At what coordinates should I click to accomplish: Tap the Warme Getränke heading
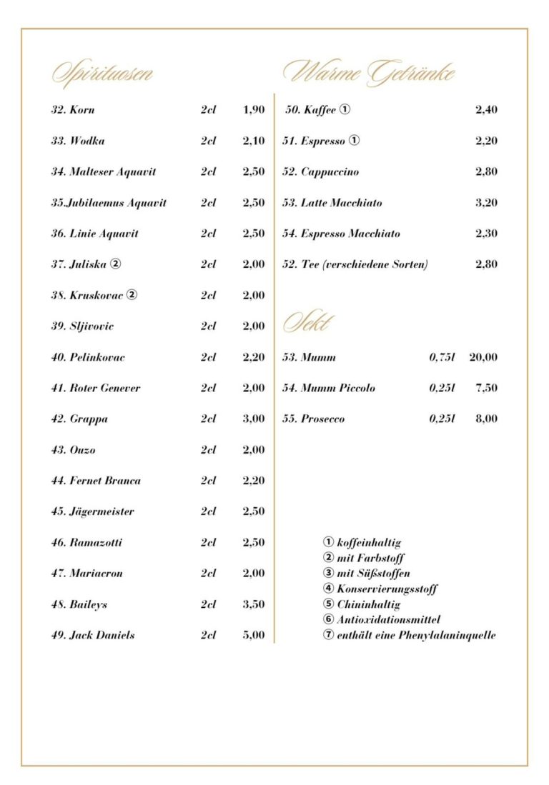coord(369,73)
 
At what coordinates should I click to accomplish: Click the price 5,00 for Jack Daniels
coord(253,635)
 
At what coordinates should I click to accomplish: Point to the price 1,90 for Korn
coord(253,110)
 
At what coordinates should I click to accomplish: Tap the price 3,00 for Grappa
coord(253,419)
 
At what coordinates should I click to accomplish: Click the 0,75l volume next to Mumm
coord(442,357)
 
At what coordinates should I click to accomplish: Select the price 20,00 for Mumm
coord(483,357)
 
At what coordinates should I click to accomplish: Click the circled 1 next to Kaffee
coord(345,110)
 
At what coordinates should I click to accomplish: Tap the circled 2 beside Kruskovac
coord(132,295)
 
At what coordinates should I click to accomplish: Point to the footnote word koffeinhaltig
coord(369,543)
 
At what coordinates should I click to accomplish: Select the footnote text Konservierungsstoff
coord(387,589)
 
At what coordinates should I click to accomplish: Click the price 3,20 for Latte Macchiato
coord(486,203)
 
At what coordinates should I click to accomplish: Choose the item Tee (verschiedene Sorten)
coord(355,264)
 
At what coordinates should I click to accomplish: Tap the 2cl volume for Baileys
coord(208,604)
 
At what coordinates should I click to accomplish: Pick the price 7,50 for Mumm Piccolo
coord(486,388)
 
